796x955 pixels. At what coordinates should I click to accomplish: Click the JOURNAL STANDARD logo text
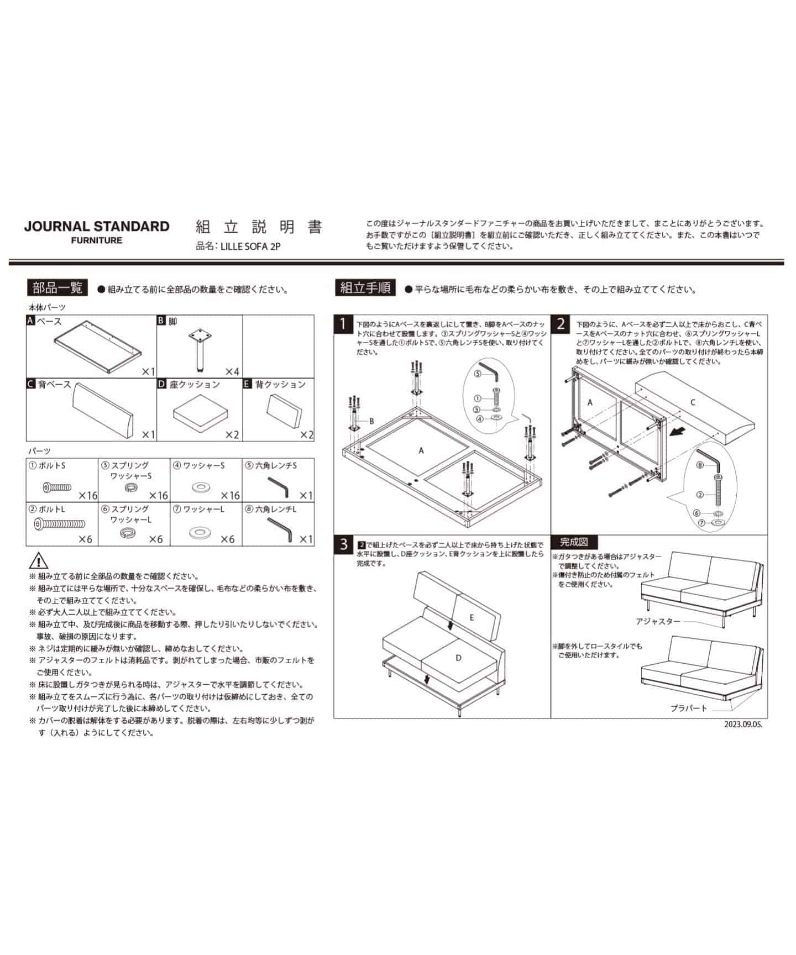[96, 226]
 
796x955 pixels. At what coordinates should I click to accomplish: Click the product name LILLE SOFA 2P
[250, 246]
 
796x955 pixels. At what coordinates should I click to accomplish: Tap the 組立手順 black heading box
[365, 288]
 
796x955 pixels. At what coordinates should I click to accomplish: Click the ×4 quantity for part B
[232, 371]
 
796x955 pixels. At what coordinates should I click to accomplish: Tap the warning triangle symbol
[38, 560]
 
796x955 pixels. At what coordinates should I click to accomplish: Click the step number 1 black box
[343, 324]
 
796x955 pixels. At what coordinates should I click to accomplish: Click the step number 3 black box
[343, 544]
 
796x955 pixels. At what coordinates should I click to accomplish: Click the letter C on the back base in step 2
[693, 402]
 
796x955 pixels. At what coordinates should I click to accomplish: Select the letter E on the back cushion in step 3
[472, 617]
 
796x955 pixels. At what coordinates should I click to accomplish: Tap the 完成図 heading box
[574, 542]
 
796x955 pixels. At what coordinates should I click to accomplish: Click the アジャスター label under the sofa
[658, 621]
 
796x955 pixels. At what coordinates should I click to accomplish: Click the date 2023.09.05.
[743, 724]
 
